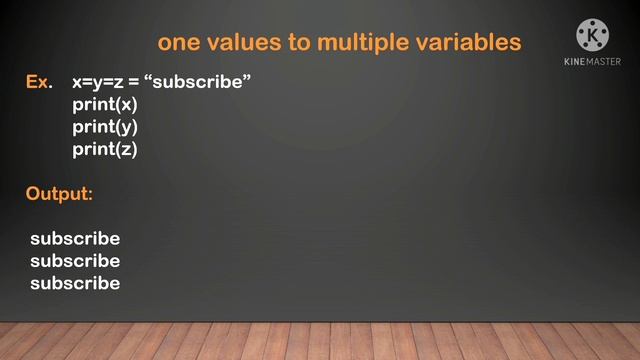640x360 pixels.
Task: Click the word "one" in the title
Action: coord(179,42)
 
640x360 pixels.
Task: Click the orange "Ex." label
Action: coord(38,82)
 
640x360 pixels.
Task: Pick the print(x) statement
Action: coord(105,104)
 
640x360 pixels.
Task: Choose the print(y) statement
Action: coord(105,127)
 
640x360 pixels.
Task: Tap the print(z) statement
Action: coord(105,149)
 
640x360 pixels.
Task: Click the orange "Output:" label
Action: coord(59,193)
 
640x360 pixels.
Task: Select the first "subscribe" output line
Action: coord(75,239)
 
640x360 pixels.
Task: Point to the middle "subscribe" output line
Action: coord(75,261)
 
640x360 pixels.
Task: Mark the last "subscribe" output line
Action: coord(75,283)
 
